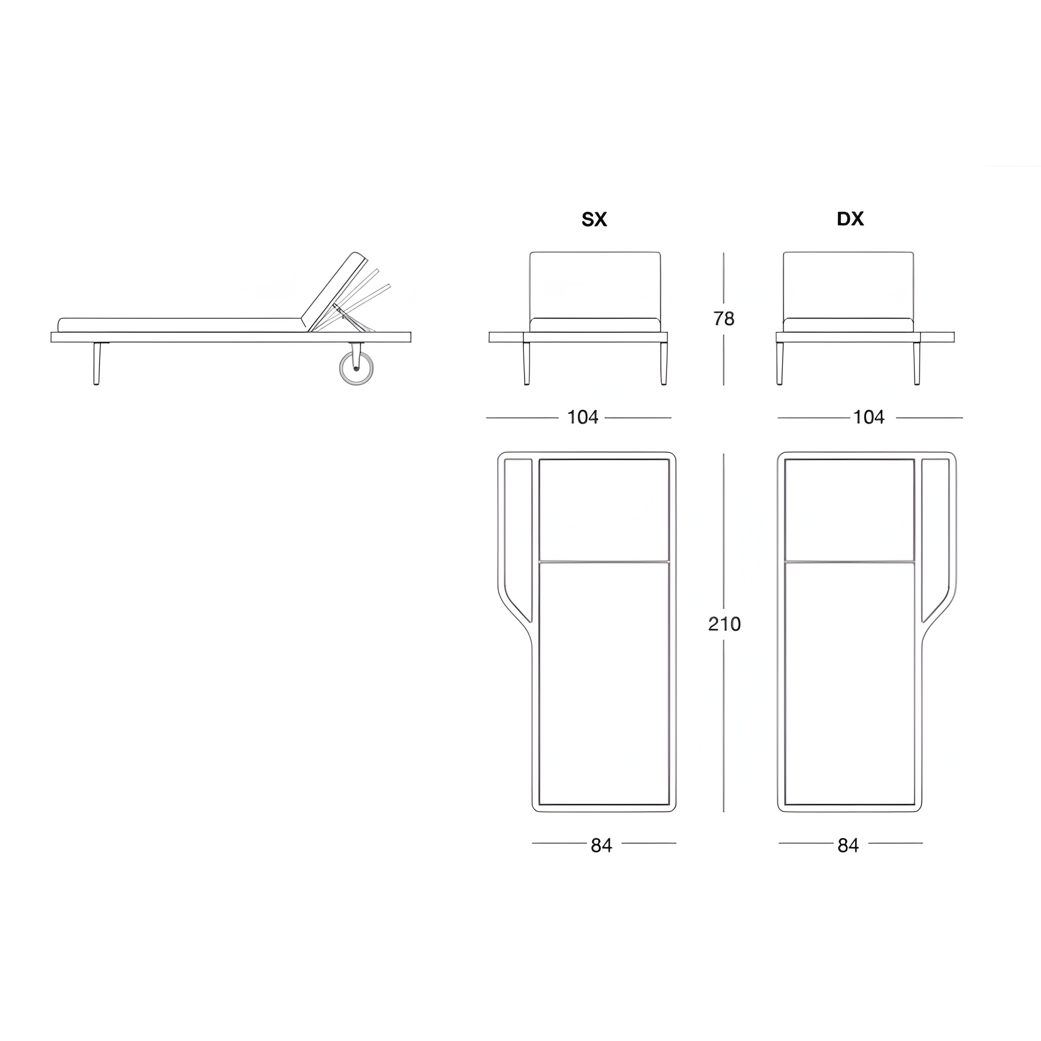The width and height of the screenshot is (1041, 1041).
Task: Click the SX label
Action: tap(594, 219)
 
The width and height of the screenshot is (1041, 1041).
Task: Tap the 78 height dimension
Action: tap(723, 319)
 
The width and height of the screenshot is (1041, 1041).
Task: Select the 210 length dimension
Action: tap(724, 624)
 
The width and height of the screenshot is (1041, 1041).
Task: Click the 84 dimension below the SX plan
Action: tap(601, 845)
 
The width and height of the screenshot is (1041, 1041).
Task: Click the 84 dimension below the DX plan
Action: tap(848, 845)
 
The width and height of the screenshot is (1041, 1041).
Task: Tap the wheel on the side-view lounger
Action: tap(356, 369)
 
